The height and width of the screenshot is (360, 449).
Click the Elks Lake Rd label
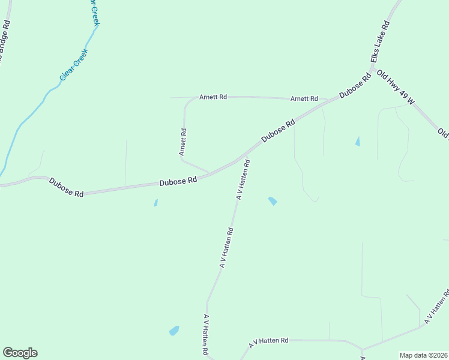click(x=380, y=43)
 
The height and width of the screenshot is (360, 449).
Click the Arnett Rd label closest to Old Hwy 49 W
click(x=304, y=98)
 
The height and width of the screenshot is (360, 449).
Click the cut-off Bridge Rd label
click(x=5, y=42)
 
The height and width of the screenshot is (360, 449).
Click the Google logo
click(x=20, y=353)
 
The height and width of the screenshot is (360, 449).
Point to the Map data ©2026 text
click(x=423, y=355)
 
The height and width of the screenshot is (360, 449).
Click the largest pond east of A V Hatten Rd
click(x=273, y=201)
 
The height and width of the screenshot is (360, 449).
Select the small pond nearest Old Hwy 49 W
click(x=358, y=142)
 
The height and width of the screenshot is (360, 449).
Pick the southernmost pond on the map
click(x=174, y=331)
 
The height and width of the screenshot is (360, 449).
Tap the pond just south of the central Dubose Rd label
click(x=155, y=203)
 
